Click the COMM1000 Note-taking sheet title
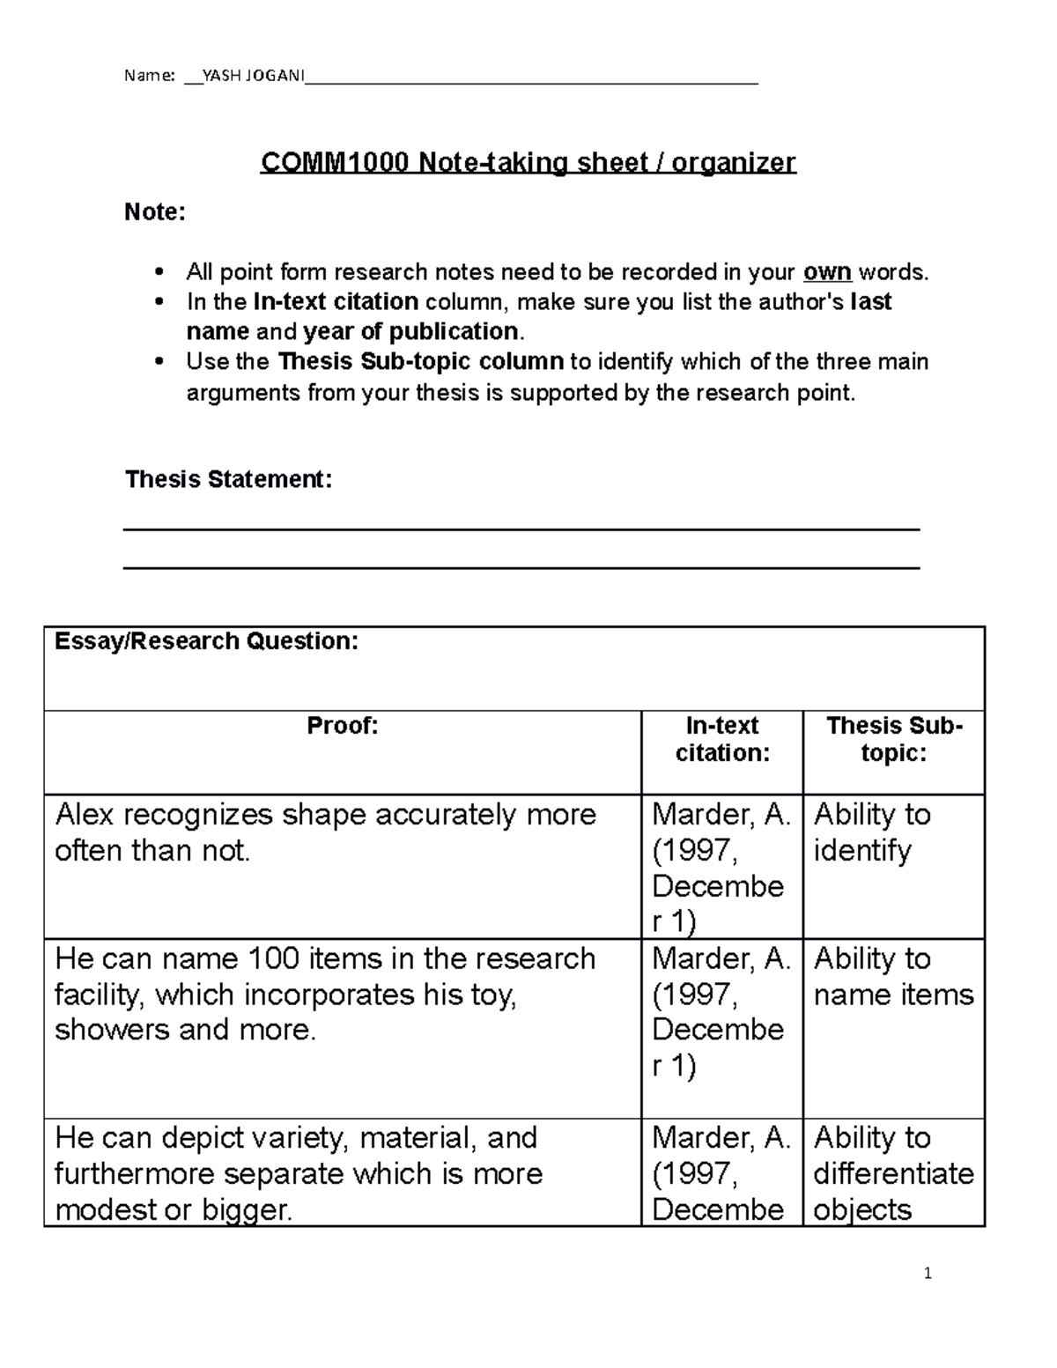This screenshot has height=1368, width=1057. pos(528,163)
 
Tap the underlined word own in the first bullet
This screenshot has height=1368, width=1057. pos(827,272)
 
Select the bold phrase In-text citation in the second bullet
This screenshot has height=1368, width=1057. pos(336,302)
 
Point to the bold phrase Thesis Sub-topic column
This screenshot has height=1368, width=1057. pos(421,362)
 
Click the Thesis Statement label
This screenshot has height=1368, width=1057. pos(229,479)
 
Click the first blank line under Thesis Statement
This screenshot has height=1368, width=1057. pos(521,529)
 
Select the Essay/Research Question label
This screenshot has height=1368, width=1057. pos(207,641)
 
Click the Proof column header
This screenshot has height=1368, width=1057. pos(343,726)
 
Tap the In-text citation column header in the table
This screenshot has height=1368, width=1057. pos(722,739)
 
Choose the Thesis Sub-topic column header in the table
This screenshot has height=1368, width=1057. pos(894,739)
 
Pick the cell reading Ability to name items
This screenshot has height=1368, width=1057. pos(893,977)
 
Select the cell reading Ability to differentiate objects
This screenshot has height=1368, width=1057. pos(893,1173)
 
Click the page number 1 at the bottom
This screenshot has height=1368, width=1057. pos(928,1273)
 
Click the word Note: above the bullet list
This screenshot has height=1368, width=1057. pos(155,212)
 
